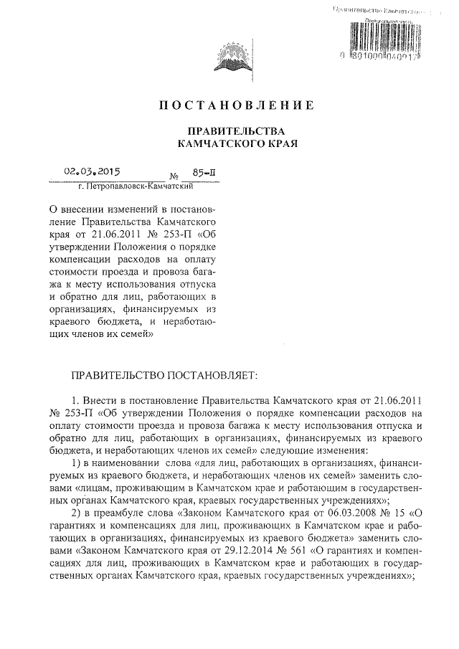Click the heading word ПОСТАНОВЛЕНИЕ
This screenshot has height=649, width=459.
236,106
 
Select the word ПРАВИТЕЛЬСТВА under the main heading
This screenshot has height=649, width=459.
236,132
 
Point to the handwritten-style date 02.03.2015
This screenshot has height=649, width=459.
93,172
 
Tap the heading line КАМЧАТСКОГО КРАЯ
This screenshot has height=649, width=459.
236,144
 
